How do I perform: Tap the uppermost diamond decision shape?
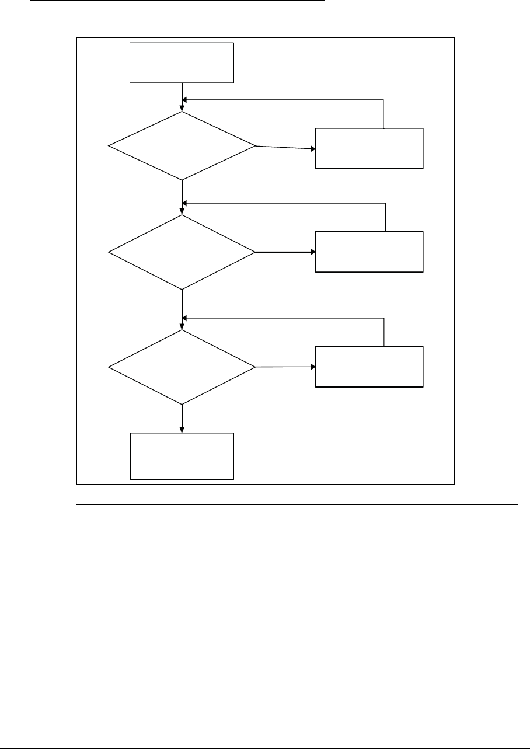point(182,145)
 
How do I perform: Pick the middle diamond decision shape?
point(182,252)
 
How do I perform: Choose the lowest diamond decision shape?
point(182,367)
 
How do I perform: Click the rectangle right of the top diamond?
point(369,148)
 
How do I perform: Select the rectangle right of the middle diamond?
point(369,252)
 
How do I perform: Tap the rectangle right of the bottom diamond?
point(369,367)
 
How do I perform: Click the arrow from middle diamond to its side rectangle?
point(285,252)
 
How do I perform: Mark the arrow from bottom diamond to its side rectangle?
point(285,367)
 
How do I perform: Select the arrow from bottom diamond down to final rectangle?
point(182,419)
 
